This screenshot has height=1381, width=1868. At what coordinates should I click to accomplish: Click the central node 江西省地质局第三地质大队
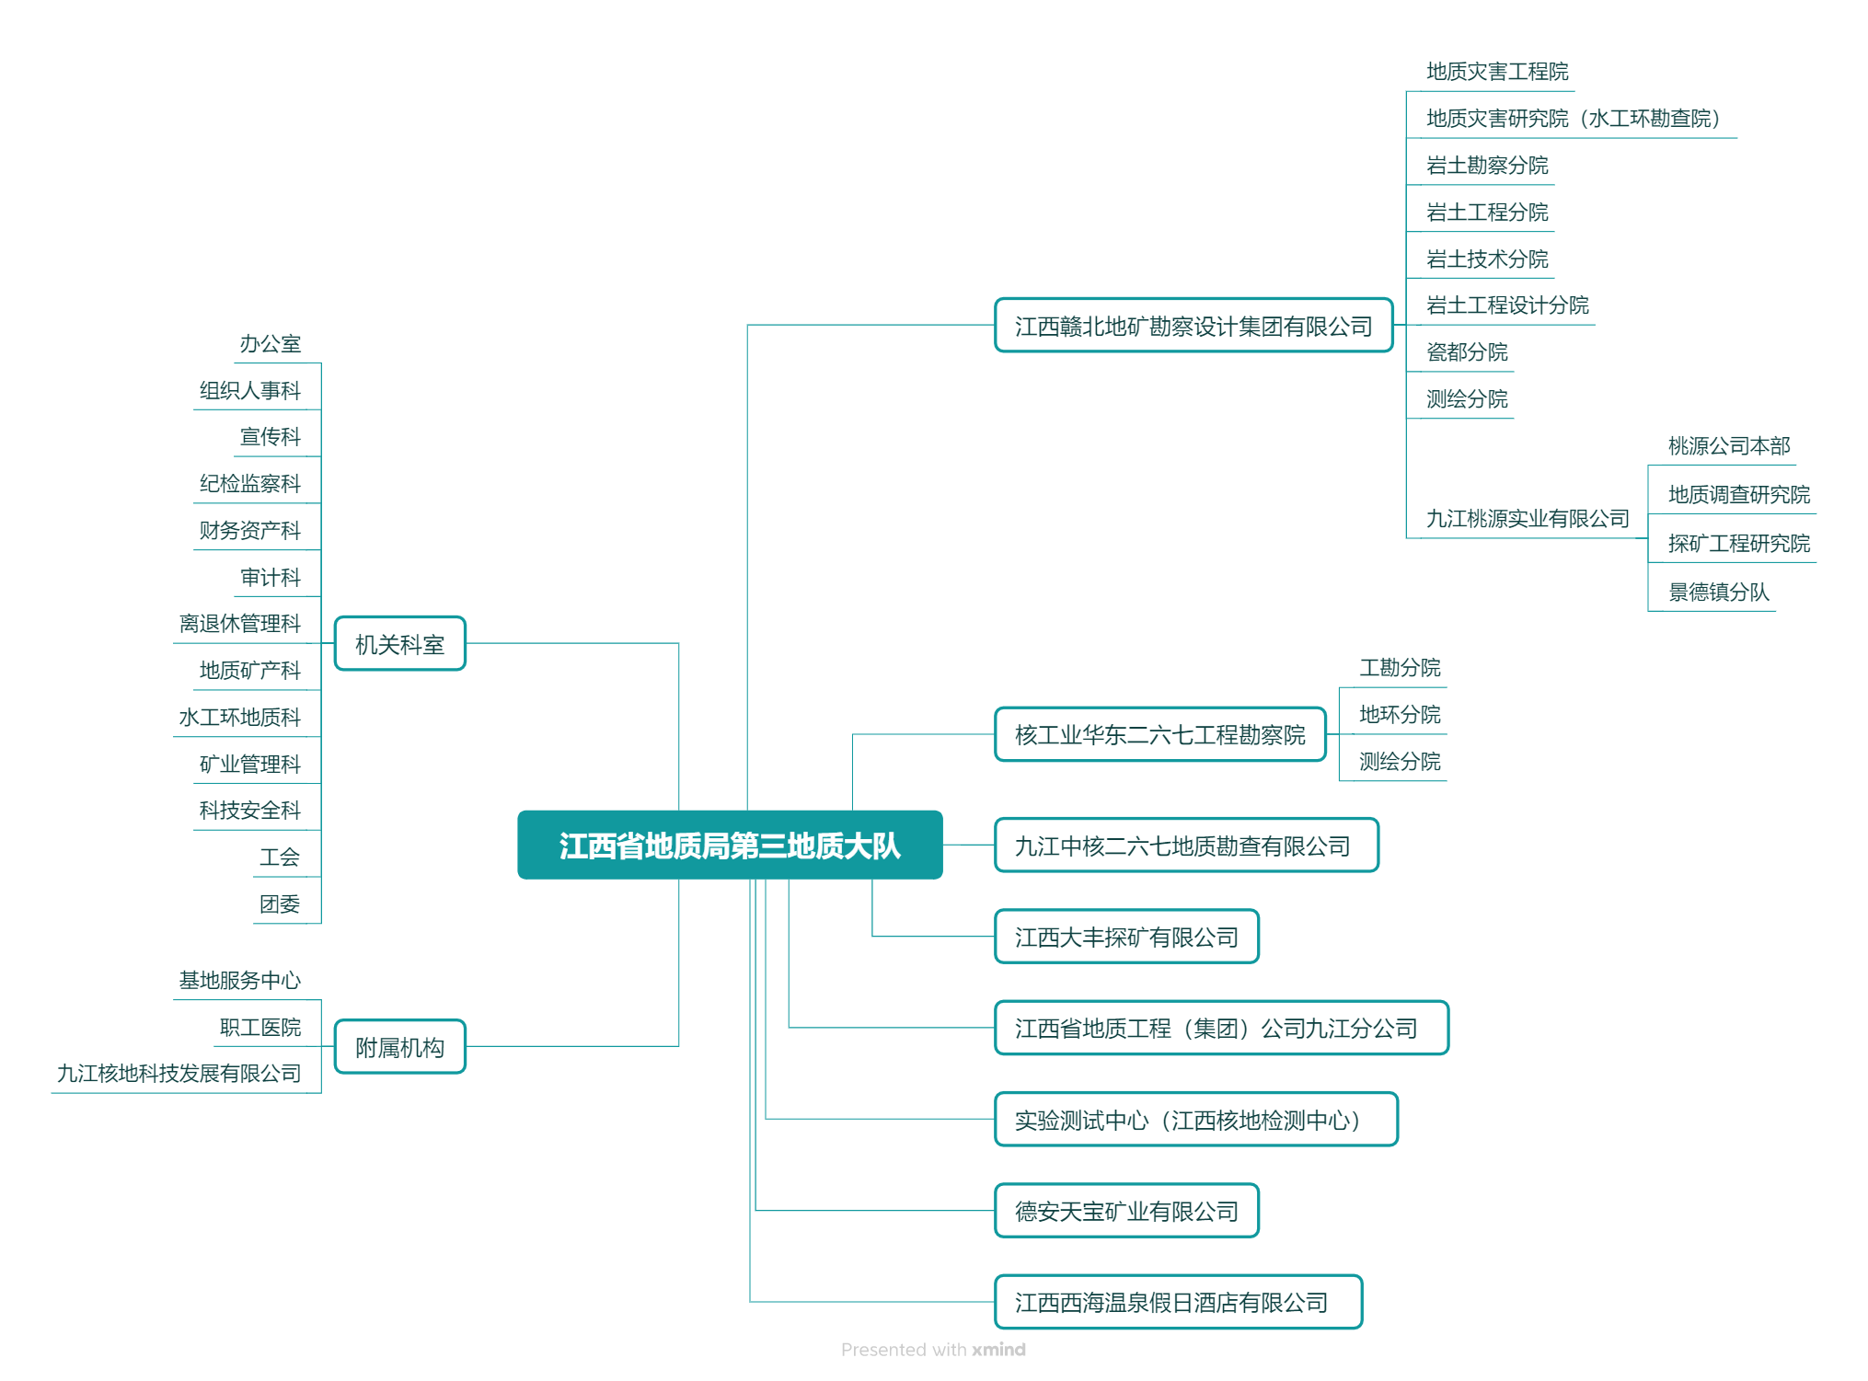pos(730,845)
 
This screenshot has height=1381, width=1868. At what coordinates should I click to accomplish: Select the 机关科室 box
pos(400,644)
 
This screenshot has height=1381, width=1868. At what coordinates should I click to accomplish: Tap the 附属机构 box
pos(400,1047)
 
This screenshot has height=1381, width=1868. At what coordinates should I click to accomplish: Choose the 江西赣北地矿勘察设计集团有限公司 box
pos(1193,326)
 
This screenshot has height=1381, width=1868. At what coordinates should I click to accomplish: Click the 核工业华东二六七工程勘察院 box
pos(1160,734)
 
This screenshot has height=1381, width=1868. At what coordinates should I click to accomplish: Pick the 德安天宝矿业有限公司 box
pos(1126,1211)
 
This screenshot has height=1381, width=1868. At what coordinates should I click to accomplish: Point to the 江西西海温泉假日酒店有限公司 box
pos(1178,1302)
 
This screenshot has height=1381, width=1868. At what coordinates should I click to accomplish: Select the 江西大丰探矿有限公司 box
pos(1126,937)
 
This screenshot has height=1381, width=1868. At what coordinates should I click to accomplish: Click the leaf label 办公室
pos(271,344)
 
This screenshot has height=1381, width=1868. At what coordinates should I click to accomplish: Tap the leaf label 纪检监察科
pos(250,484)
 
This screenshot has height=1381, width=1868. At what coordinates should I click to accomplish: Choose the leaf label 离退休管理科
pos(240,624)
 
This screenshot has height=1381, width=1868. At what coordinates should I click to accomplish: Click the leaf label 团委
pos(280,904)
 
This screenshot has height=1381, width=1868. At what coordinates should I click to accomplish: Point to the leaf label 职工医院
pos(260,1028)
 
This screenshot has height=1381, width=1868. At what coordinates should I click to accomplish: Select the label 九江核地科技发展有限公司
pos(179,1074)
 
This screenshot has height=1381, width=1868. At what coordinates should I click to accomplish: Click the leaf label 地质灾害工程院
pos(1498,72)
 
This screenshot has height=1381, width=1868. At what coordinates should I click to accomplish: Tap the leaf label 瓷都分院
pos(1468,352)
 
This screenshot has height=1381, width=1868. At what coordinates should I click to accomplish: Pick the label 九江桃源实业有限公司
pos(1528,519)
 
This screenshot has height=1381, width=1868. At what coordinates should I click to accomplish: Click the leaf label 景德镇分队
pos(1719,593)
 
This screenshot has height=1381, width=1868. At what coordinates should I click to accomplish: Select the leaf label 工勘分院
pos(1401,668)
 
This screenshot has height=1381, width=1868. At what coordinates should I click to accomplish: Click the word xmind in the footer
pos(998,1350)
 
